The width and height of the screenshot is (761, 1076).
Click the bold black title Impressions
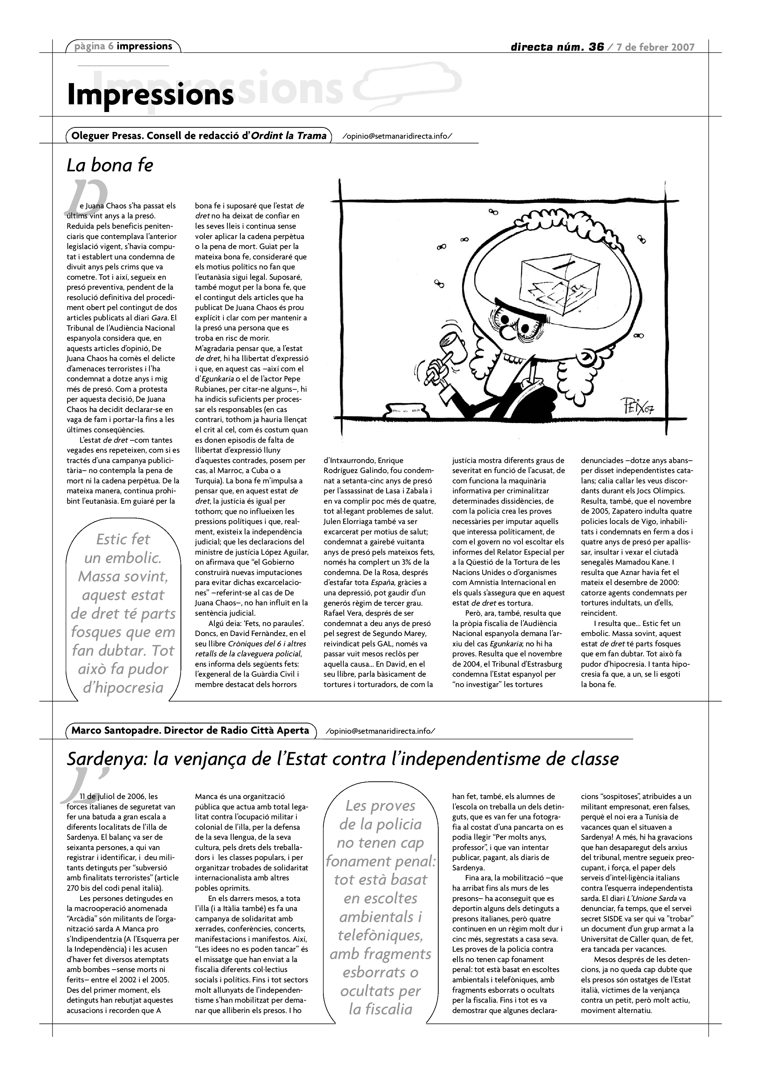point(150,94)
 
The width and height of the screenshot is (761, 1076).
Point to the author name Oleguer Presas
point(106,136)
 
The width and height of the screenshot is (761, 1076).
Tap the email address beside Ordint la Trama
point(397,136)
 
